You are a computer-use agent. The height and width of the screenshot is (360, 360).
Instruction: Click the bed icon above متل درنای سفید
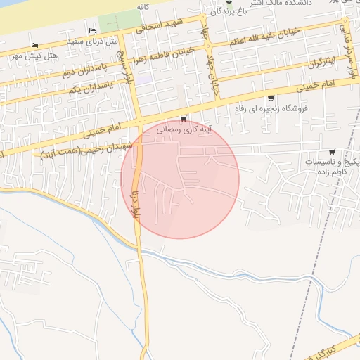(x=93, y=30)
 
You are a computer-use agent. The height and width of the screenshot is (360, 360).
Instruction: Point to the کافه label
(x=146, y=6)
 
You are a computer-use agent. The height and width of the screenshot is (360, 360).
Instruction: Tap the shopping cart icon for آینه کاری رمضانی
(x=184, y=119)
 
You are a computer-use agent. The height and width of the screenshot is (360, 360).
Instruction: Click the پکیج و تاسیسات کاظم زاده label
(x=331, y=166)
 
